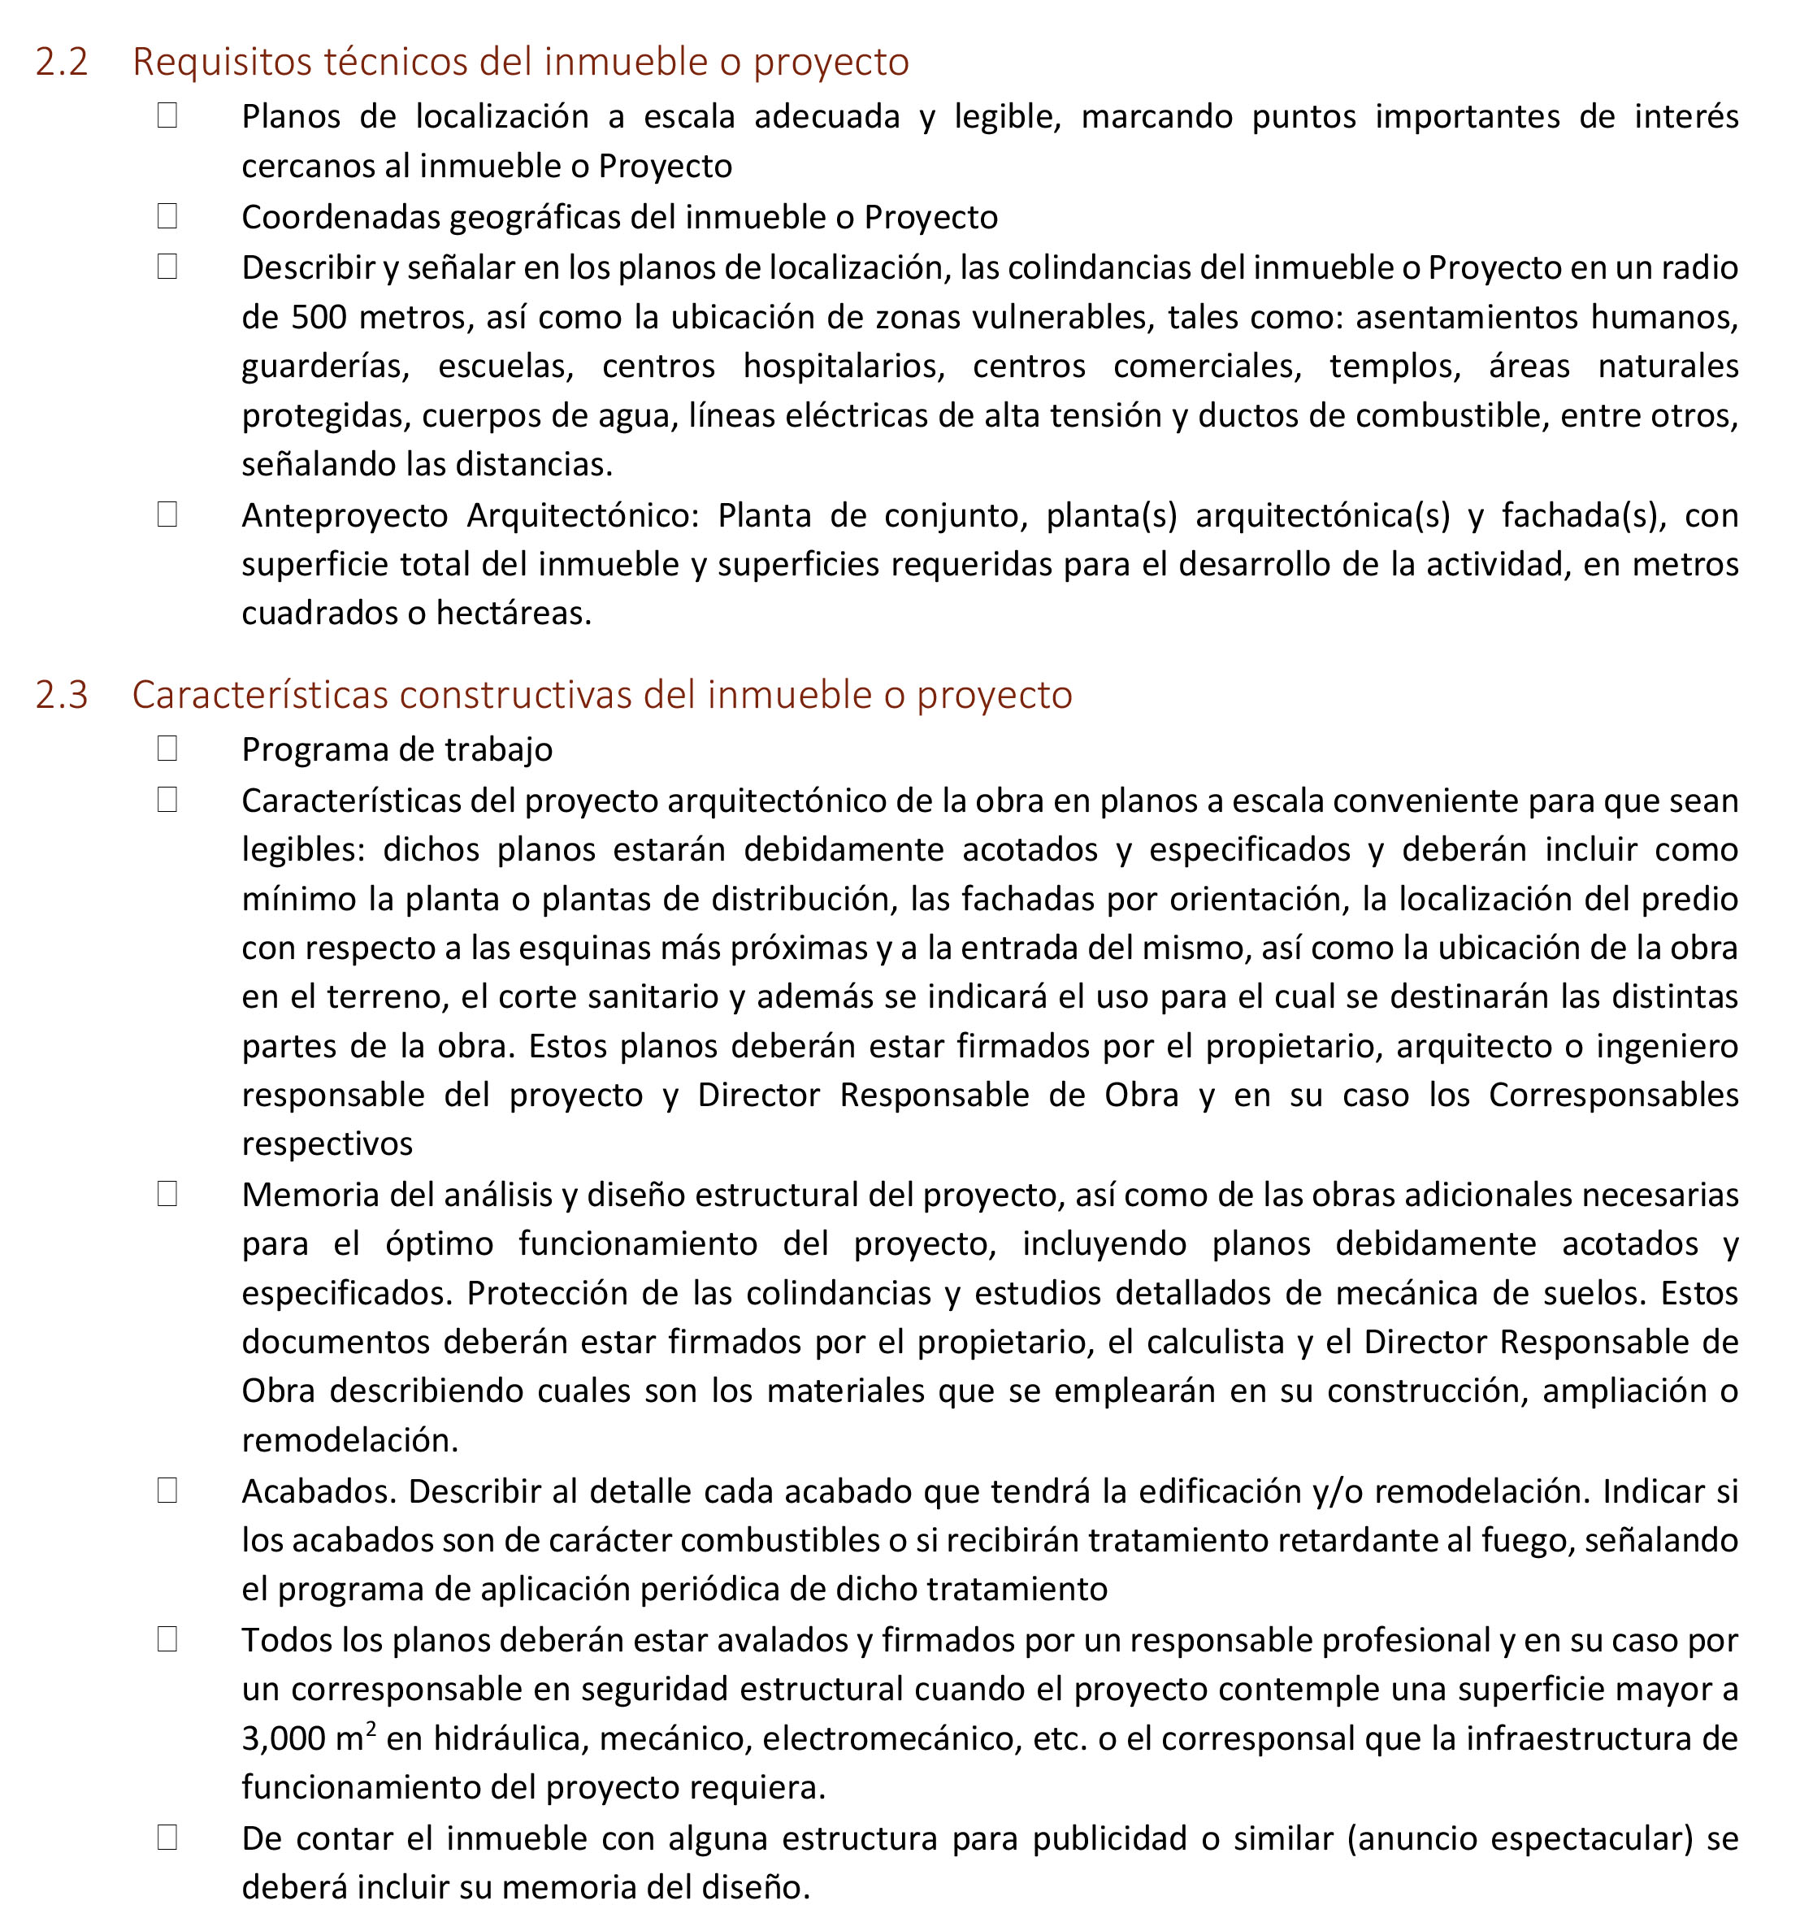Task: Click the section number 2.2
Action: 62,63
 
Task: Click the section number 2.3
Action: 62,696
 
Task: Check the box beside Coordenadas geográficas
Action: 167,215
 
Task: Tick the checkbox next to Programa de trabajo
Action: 167,749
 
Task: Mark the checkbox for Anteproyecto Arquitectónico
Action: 167,514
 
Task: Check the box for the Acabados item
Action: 167,1491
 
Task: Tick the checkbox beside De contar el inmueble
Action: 167,1838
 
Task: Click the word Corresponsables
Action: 1613,1095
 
